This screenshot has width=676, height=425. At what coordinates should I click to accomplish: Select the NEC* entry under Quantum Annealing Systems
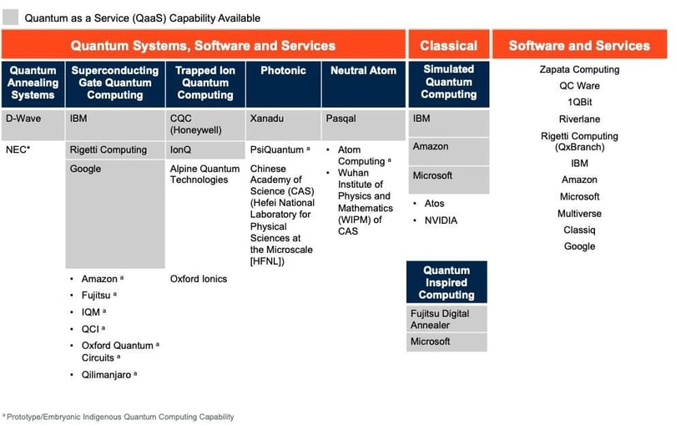tap(18, 150)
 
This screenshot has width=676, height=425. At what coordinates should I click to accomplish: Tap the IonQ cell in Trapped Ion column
tap(182, 150)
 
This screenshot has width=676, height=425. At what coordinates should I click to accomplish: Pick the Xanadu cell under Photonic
tap(266, 119)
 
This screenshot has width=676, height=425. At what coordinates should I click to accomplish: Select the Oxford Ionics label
tap(199, 279)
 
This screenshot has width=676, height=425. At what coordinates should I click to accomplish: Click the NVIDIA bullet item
tap(441, 220)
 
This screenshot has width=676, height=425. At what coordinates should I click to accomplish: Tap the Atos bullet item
tap(435, 204)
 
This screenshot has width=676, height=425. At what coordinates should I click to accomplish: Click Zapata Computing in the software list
tap(579, 69)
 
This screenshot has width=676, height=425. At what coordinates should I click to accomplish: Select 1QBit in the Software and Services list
tap(579, 102)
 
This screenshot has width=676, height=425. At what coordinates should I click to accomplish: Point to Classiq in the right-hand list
tap(579, 230)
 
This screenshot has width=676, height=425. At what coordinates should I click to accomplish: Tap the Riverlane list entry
tap(579, 119)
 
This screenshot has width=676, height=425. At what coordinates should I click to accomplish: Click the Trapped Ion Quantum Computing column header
tap(205, 83)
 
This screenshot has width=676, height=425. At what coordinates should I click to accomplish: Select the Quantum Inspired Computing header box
tap(446, 283)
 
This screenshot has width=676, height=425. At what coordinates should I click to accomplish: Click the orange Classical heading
tap(448, 46)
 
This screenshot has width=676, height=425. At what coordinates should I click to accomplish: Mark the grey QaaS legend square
tap(11, 18)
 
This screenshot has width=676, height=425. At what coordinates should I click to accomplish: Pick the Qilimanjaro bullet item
tap(105, 376)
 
